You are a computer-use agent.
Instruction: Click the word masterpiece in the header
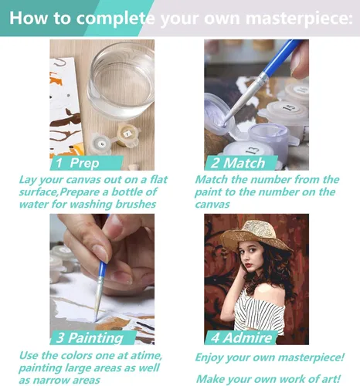[299, 19]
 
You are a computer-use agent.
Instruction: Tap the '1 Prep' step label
[77, 163]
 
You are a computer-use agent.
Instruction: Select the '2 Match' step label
[238, 163]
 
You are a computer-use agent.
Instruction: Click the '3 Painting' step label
[90, 337]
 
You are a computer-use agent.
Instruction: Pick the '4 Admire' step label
[241, 337]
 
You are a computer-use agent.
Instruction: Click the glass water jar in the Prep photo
[121, 80]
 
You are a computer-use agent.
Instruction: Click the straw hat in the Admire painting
[256, 236]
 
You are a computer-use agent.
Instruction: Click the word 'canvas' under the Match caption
[212, 205]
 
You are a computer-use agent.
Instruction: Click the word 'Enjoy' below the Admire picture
[209, 357]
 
